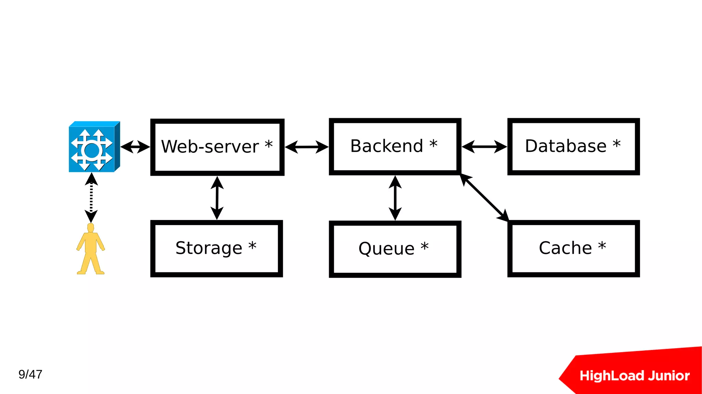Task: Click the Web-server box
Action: tap(217, 147)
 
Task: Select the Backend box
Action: tap(395, 147)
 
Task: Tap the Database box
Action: tap(573, 147)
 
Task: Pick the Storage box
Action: tap(217, 248)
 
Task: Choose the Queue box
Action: tap(395, 249)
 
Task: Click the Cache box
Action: tap(573, 248)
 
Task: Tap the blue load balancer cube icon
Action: tap(94, 147)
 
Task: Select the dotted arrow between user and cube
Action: tap(91, 198)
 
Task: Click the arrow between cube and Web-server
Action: tap(135, 147)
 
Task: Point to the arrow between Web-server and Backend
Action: tap(306, 147)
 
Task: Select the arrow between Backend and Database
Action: tap(484, 147)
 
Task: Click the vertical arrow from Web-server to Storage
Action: tap(217, 198)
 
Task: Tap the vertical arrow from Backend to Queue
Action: tap(395, 198)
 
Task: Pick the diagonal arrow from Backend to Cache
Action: tap(485, 198)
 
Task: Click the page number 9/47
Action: tap(30, 374)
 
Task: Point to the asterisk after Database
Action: tap(617, 143)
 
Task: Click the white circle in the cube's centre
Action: tap(92, 150)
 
